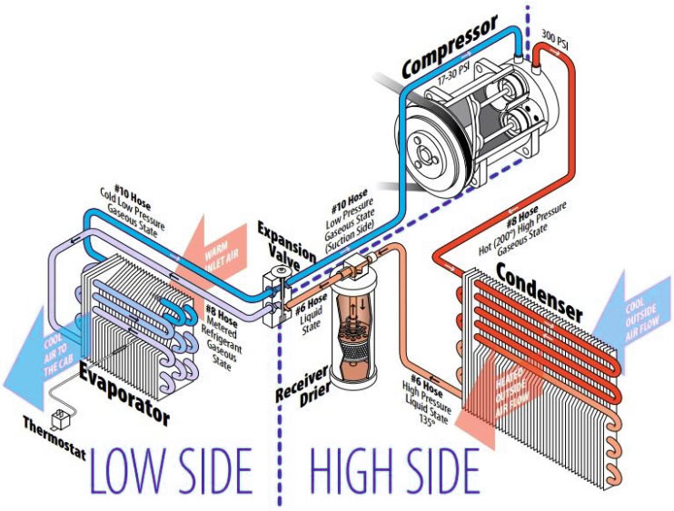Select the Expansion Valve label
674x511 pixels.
(x=285, y=243)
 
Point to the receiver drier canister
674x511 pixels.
(x=352, y=331)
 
